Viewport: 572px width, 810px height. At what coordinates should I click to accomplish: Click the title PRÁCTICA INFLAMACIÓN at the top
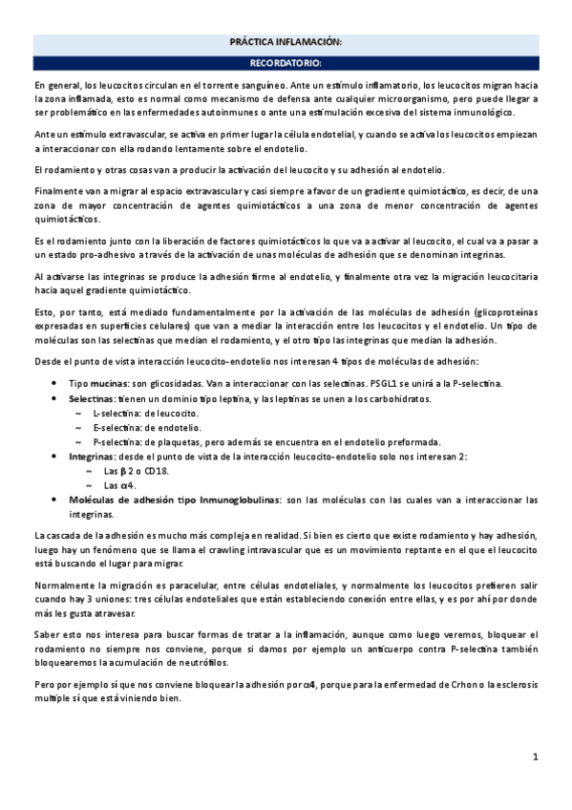286,44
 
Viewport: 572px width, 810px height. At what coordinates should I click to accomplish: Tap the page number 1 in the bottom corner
537,757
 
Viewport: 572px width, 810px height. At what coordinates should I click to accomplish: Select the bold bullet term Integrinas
97,457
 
